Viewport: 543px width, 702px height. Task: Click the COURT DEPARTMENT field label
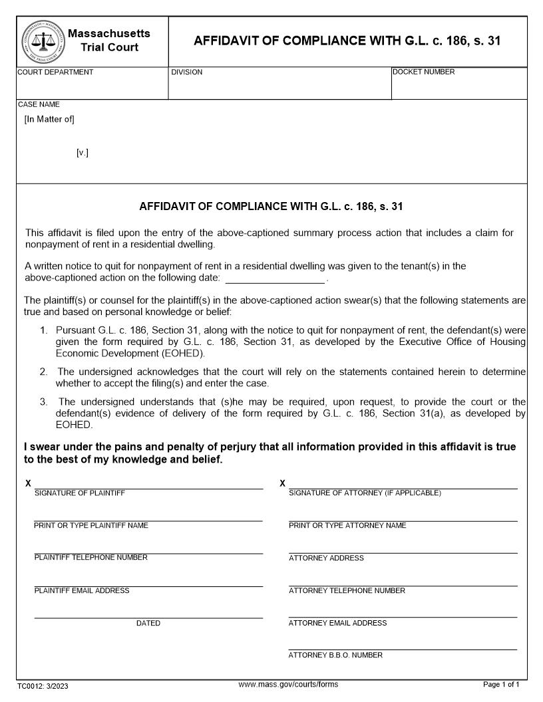click(55, 72)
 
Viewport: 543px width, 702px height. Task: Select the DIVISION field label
click(187, 72)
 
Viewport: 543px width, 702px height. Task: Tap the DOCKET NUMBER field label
click(424, 72)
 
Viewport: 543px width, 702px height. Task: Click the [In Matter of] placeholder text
click(49, 120)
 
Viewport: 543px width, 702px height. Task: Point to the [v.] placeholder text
click(83, 153)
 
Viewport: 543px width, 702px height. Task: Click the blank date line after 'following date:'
click(274, 279)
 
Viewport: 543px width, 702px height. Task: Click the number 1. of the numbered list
click(44, 330)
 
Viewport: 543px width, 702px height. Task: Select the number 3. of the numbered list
click(44, 402)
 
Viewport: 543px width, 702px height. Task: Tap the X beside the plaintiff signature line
click(28, 483)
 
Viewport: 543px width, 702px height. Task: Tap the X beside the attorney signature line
click(283, 483)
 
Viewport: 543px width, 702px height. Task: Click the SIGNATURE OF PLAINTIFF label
click(80, 493)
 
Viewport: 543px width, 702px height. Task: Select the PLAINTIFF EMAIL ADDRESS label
click(82, 591)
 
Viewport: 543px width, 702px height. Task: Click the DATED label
click(148, 624)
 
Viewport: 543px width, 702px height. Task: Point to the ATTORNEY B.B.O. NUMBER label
click(335, 655)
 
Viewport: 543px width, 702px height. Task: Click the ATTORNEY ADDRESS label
click(326, 558)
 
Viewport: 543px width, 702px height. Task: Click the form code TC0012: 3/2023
click(43, 686)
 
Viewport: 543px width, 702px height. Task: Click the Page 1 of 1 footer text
click(500, 685)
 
